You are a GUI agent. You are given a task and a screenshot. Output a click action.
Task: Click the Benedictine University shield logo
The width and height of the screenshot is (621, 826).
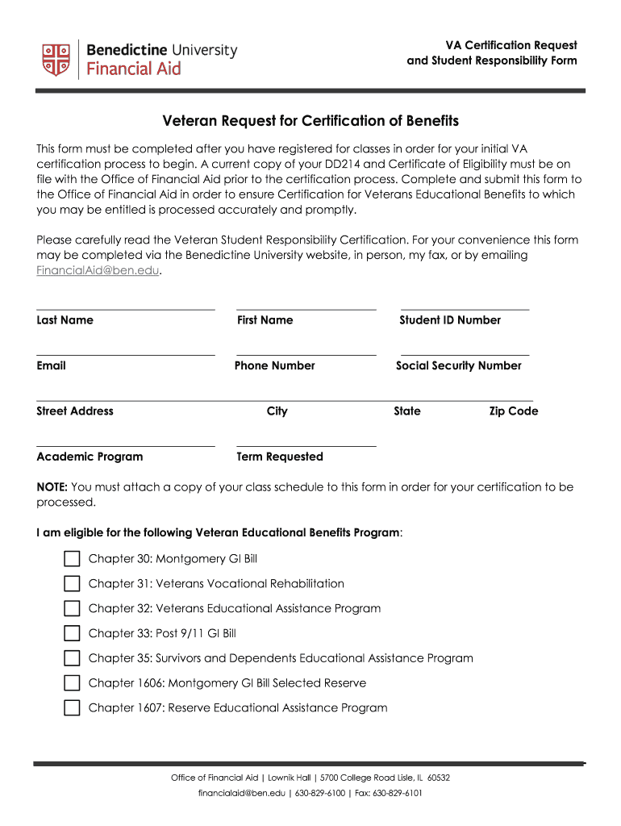pyautogui.click(x=56, y=59)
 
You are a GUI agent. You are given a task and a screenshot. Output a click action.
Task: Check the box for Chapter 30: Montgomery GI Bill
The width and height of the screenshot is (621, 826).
pyautogui.click(x=73, y=559)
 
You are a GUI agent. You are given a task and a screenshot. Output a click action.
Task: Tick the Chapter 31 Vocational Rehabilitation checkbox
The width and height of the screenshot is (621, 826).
pyautogui.click(x=73, y=584)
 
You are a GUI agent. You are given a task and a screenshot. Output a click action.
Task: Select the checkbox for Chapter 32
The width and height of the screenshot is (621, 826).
pyautogui.click(x=73, y=609)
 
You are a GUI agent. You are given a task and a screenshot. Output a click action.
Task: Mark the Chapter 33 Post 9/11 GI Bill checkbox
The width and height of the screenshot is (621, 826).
pyautogui.click(x=73, y=634)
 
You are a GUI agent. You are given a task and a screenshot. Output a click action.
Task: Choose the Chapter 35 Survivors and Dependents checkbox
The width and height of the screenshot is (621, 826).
pyautogui.click(x=73, y=659)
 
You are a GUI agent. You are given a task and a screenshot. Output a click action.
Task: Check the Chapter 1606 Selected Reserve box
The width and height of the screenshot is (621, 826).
pyautogui.click(x=73, y=684)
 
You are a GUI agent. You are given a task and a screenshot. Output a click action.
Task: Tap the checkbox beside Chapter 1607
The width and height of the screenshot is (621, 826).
pyautogui.click(x=73, y=709)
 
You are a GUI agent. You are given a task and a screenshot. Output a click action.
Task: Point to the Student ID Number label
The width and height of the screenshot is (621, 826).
pyautogui.click(x=450, y=320)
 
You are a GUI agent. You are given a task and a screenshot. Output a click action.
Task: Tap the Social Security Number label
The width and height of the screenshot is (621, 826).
pyautogui.click(x=458, y=365)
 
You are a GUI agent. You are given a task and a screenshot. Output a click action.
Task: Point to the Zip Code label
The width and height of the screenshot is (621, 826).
pyautogui.click(x=513, y=411)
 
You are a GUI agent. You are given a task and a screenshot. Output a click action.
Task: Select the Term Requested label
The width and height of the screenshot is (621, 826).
pyautogui.click(x=279, y=457)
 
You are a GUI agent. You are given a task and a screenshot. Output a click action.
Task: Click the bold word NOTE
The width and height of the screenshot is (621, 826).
pyautogui.click(x=52, y=487)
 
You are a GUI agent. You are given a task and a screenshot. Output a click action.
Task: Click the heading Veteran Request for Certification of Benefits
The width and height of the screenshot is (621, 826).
pyautogui.click(x=310, y=121)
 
